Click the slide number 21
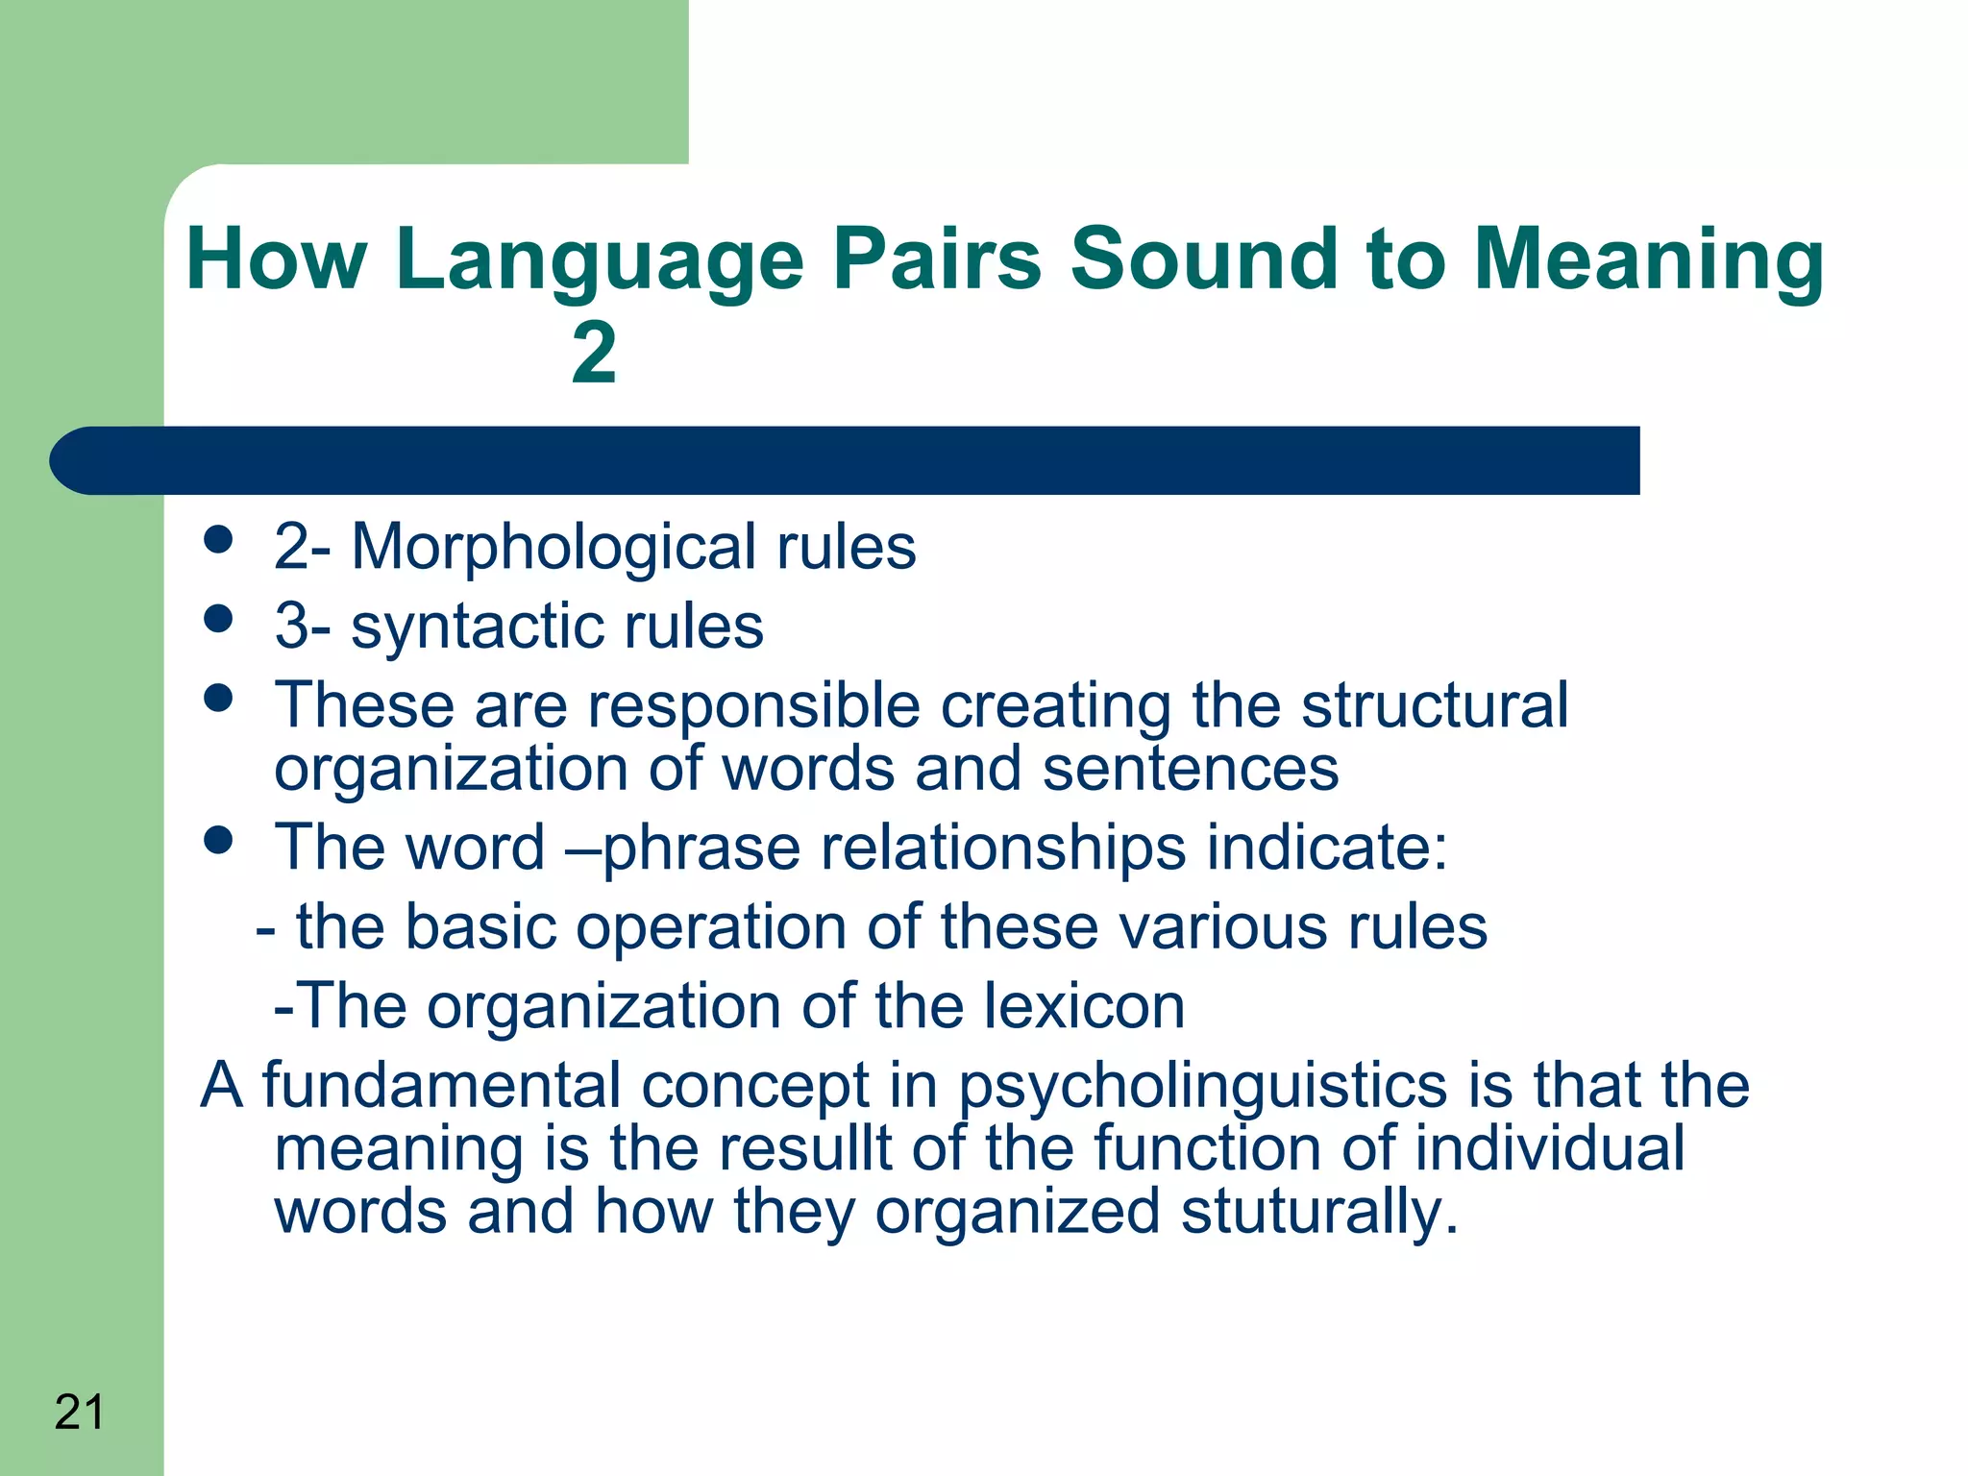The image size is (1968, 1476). [x=79, y=1412]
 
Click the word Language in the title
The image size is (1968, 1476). [x=600, y=259]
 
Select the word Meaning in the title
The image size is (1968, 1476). [x=1647, y=259]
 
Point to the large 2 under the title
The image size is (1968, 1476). [x=594, y=353]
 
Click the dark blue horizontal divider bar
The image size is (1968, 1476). [x=846, y=460]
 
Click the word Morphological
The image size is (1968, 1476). [x=553, y=548]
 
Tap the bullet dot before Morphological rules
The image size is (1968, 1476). [x=219, y=539]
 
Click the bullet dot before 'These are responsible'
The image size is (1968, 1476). [x=219, y=698]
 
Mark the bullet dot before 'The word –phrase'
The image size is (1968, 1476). [x=219, y=840]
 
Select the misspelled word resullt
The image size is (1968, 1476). [x=805, y=1148]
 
